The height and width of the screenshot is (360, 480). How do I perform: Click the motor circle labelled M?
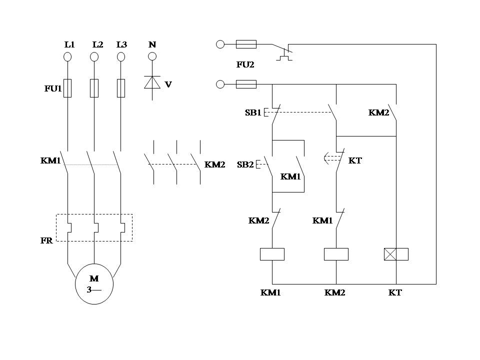tap(94, 284)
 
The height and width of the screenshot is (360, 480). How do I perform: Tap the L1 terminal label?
tap(69, 44)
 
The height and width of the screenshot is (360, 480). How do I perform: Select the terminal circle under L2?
tap(94, 56)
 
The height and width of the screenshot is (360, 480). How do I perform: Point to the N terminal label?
tap(152, 44)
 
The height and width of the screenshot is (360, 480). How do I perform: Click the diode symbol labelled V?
tap(152, 82)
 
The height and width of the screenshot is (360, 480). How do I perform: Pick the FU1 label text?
tap(52, 89)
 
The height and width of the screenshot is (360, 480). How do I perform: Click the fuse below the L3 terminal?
tap(120, 88)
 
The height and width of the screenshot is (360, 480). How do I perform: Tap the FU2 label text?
tap(245, 64)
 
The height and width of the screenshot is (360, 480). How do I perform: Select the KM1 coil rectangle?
tap(272, 254)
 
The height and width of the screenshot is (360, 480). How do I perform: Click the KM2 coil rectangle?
tap(336, 254)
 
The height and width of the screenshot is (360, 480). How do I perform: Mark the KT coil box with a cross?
tap(396, 254)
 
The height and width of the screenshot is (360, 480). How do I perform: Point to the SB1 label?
tap(252, 112)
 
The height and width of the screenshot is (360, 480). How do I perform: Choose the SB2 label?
tap(245, 164)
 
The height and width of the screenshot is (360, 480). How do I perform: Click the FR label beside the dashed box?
tap(46, 240)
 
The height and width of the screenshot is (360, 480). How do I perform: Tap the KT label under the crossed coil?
tap(395, 292)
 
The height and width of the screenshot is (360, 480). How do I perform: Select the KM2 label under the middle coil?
tap(334, 292)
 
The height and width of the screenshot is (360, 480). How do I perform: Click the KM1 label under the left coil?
tap(270, 292)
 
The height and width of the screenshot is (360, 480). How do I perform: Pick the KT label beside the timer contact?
tap(355, 160)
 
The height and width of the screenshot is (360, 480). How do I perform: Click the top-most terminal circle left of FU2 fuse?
tap(220, 44)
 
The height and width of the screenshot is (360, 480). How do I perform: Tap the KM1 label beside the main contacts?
tap(50, 161)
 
